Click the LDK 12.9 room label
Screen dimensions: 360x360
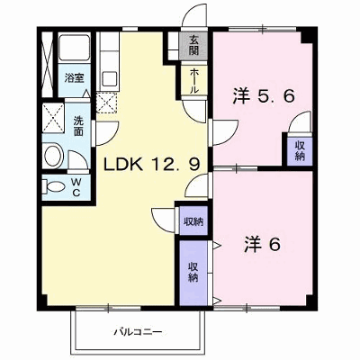(x=151, y=164)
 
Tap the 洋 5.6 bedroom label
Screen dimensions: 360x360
(x=263, y=96)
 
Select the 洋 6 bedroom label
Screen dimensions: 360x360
(x=263, y=244)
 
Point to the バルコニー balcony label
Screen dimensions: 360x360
(x=138, y=332)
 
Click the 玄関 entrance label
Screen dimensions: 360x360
(x=193, y=45)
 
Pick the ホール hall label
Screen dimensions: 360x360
(x=193, y=80)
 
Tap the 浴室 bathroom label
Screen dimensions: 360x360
(x=74, y=78)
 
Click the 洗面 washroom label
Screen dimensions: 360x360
(x=78, y=126)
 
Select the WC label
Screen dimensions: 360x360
(x=76, y=187)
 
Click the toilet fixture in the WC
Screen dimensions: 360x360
(x=53, y=186)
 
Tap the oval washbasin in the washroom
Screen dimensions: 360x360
(x=53, y=156)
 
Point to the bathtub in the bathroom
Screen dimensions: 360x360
(x=74, y=48)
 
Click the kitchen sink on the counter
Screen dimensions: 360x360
(x=110, y=79)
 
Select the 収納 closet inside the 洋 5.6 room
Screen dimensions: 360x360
(x=300, y=150)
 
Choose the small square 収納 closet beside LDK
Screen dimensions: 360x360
(x=193, y=221)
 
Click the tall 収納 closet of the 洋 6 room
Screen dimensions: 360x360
(x=193, y=273)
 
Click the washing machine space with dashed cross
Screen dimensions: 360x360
(x=53, y=118)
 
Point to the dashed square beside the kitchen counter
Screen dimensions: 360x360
(x=107, y=103)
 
